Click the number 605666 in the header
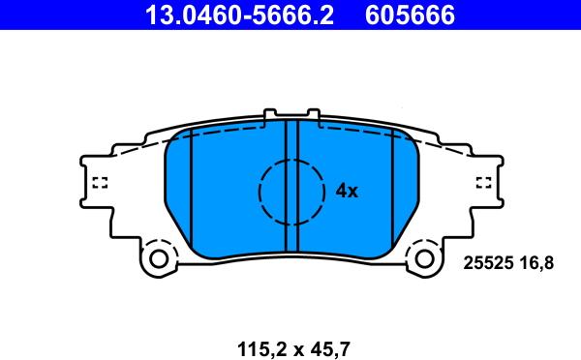point(409,15)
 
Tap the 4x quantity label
point(347,191)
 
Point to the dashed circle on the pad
point(290,192)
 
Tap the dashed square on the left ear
point(98,181)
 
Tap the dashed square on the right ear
point(484,181)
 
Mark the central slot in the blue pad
point(291,184)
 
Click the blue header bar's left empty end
point(58,15)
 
